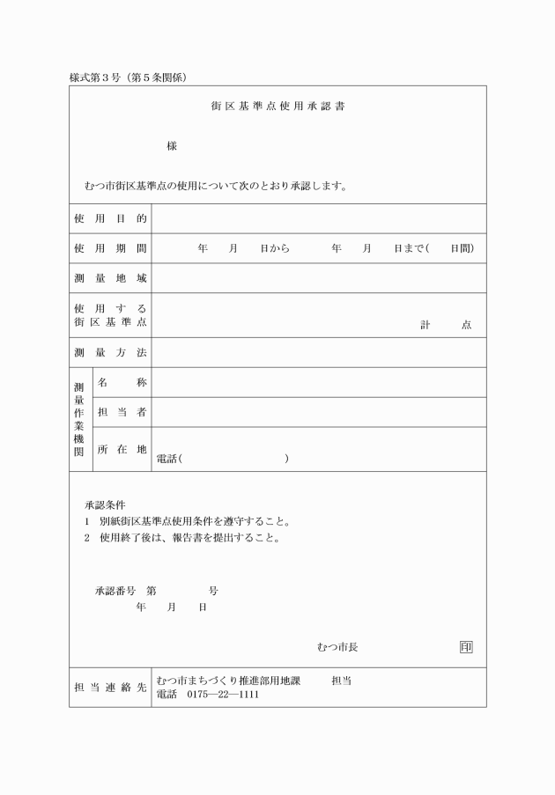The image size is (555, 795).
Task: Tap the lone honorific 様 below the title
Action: coord(172,146)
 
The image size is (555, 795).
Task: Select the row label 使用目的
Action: coord(110,218)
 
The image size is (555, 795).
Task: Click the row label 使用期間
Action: coord(110,249)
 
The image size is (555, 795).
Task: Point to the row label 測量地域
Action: coord(110,279)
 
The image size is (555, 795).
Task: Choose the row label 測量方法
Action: coord(110,353)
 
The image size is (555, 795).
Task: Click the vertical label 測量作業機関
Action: coord(79,419)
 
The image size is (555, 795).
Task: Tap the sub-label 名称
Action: coord(122,383)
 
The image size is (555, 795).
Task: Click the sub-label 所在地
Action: coord(122,450)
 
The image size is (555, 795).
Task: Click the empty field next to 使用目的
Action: coord(318,218)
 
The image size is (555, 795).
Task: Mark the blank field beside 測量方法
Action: coord(318,353)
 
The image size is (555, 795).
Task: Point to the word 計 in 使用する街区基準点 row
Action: coord(425,325)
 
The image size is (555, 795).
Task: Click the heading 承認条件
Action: coord(105,505)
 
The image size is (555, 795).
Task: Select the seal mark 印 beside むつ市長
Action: coord(466,647)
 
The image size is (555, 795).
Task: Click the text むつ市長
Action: coord(337,647)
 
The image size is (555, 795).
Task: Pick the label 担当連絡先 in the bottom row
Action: coord(110,688)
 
